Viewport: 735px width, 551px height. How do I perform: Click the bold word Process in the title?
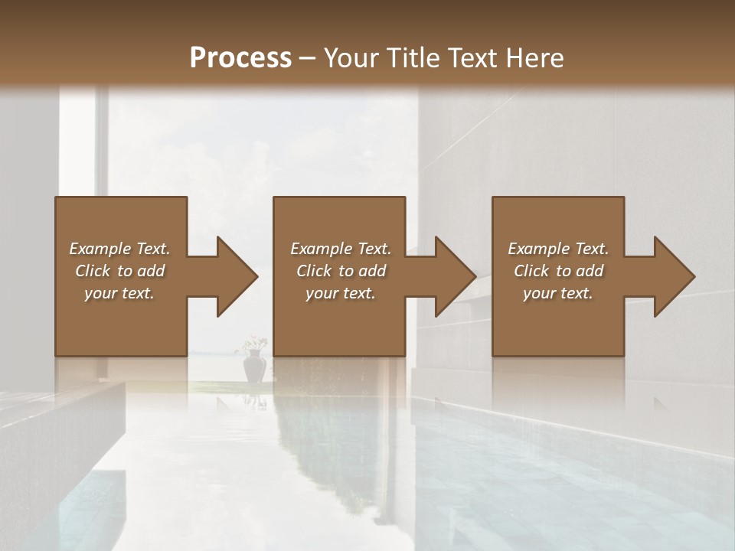(x=240, y=58)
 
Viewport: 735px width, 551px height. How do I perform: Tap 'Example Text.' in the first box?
(x=119, y=249)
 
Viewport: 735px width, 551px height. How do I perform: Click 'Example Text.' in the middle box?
(x=341, y=249)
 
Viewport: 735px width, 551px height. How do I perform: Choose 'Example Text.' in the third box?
(x=558, y=249)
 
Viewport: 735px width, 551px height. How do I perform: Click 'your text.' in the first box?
(x=119, y=293)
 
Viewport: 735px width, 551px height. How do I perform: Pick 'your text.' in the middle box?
(x=341, y=293)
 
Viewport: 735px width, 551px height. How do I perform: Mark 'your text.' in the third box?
(x=558, y=293)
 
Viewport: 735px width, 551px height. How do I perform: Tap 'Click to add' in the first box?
(x=119, y=271)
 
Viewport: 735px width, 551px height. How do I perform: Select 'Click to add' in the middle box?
(x=341, y=271)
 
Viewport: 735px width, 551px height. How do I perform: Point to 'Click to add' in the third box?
(x=558, y=271)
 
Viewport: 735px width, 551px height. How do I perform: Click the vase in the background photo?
(x=254, y=368)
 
